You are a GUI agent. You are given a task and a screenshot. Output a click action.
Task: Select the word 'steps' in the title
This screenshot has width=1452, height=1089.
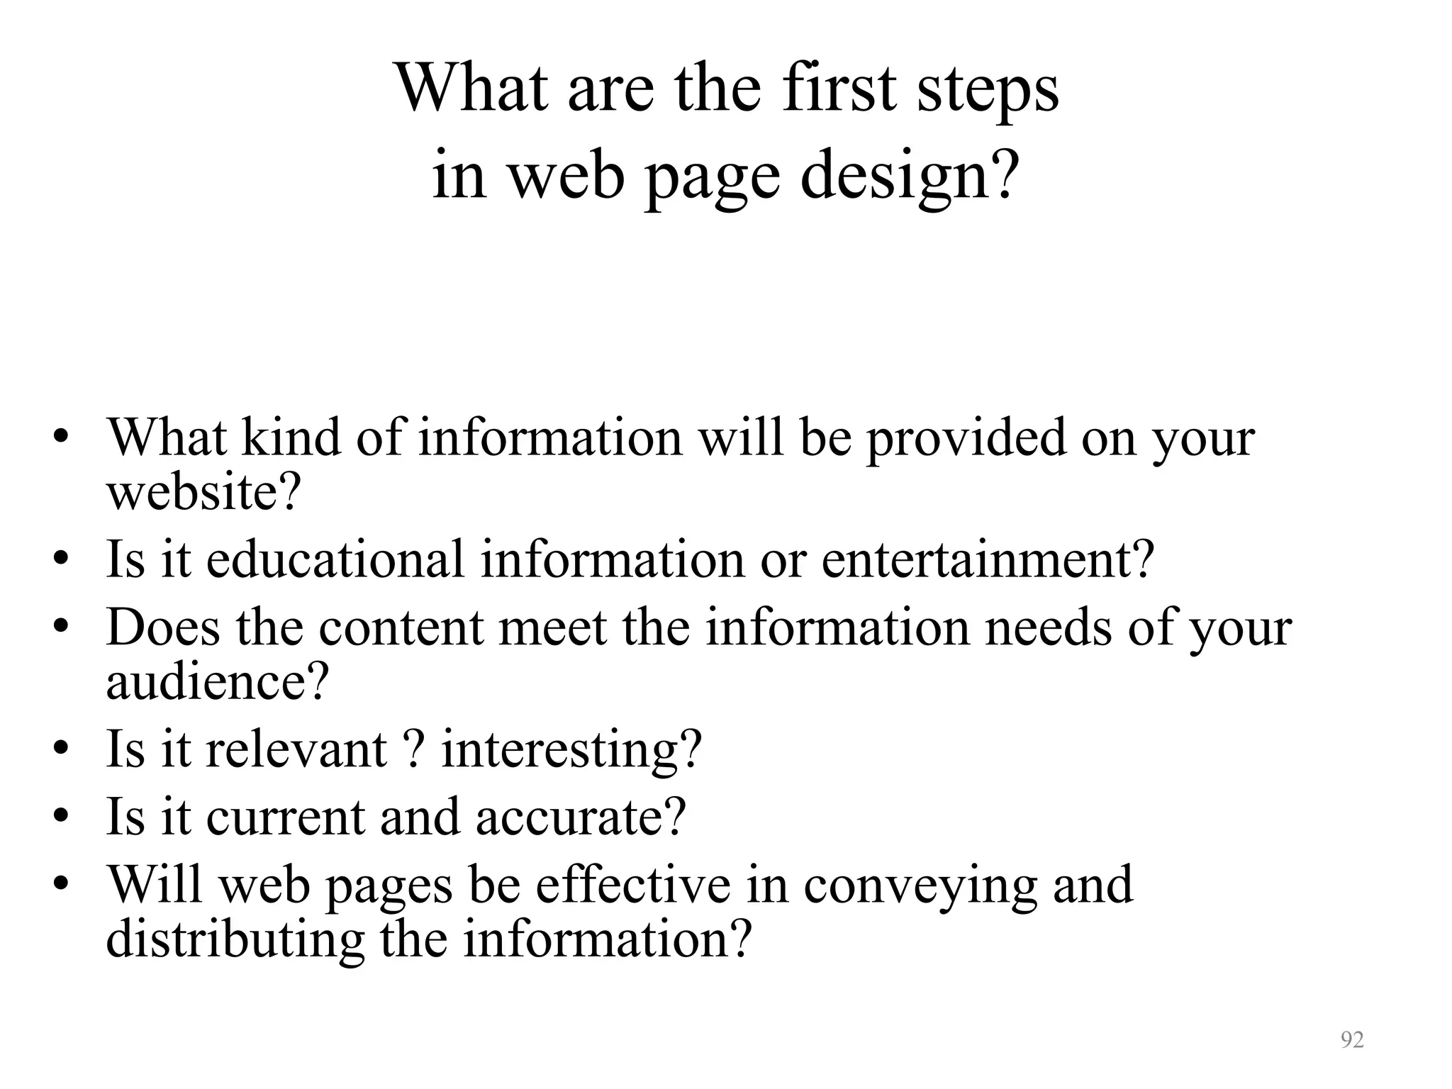click(x=988, y=91)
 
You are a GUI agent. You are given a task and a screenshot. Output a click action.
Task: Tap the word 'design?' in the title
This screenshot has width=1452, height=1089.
click(x=910, y=177)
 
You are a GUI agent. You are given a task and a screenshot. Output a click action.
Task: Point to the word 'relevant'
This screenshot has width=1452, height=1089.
click(x=296, y=749)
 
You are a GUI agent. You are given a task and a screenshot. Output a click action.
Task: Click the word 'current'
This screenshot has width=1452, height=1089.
click(x=284, y=817)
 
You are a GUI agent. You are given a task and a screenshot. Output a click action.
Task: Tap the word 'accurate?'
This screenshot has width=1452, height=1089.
click(x=581, y=817)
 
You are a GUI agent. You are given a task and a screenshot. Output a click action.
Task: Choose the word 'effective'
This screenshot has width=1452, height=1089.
click(x=633, y=885)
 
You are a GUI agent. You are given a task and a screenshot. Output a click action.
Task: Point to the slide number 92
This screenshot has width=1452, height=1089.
click(x=1352, y=1040)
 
